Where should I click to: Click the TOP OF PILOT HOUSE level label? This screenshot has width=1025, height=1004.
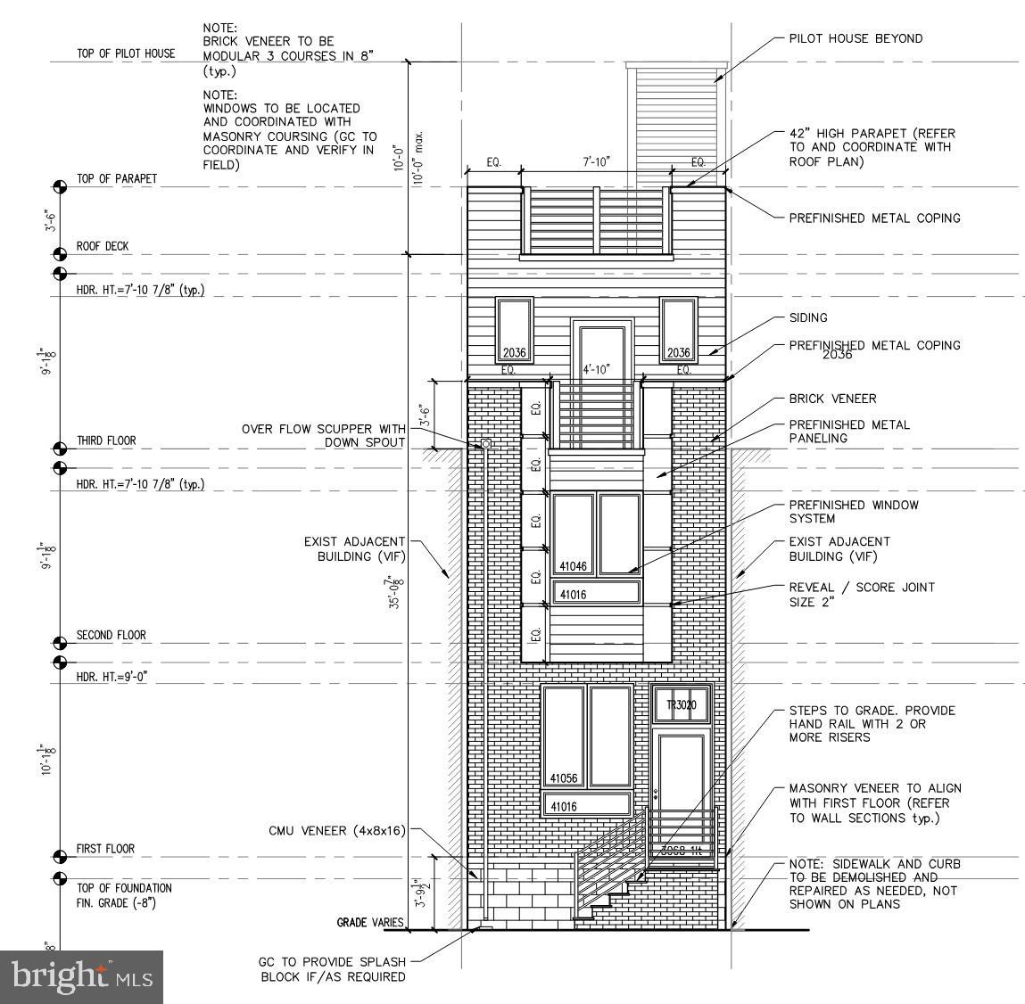[x=126, y=53]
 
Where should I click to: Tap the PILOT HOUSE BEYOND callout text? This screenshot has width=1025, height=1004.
[x=856, y=38]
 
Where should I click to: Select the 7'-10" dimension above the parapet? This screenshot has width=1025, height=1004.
[x=595, y=162]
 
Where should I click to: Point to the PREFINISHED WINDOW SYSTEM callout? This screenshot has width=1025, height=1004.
[x=853, y=512]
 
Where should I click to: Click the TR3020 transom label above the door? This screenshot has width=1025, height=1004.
[x=681, y=706]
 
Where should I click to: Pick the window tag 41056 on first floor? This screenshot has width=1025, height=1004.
[x=564, y=778]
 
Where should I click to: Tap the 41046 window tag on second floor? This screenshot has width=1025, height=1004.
[x=573, y=566]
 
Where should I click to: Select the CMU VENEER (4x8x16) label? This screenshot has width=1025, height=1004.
[x=337, y=831]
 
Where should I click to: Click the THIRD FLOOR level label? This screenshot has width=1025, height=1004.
[x=106, y=441]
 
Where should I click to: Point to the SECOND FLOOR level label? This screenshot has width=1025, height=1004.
[x=112, y=636]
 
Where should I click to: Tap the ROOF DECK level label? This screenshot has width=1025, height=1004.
[x=103, y=246]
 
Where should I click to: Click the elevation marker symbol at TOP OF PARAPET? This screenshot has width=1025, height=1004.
[x=60, y=186]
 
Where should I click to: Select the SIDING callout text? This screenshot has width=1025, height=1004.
[x=808, y=317]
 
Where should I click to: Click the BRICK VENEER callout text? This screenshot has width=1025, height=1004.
[x=832, y=399]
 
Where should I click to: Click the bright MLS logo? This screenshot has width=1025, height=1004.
[x=82, y=976]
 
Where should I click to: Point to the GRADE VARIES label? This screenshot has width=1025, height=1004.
[x=370, y=923]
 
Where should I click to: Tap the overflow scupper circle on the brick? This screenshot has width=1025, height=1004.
[x=486, y=443]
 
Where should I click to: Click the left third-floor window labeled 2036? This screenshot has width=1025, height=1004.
[x=515, y=330]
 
